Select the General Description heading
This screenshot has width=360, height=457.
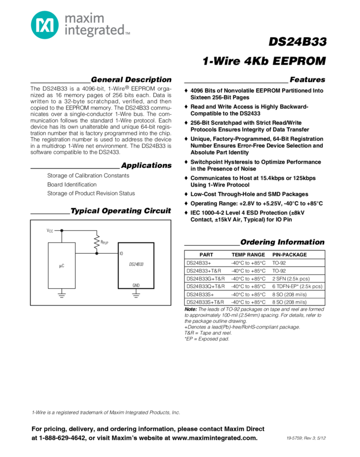click(x=131, y=80)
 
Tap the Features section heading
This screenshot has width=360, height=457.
click(x=307, y=80)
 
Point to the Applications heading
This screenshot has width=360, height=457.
click(x=146, y=166)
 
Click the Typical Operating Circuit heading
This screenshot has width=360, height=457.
click(x=121, y=211)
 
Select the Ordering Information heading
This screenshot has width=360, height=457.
click(x=282, y=242)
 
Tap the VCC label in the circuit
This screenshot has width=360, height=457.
click(x=50, y=230)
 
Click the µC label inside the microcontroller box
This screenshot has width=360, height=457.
click(x=61, y=266)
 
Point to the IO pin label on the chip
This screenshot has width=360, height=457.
click(x=122, y=253)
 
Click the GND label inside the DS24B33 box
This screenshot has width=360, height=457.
click(x=136, y=285)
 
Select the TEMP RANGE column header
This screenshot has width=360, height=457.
click(x=248, y=255)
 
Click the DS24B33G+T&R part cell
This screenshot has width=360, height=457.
click(x=206, y=279)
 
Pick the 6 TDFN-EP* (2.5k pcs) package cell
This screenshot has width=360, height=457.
click(x=297, y=287)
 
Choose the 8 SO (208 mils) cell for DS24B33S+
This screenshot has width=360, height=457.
click(x=290, y=295)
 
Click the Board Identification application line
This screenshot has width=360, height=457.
click(x=72, y=184)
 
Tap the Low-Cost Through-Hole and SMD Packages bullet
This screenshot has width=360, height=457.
click(x=249, y=194)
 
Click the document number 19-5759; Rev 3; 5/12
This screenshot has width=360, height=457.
click(x=307, y=438)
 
